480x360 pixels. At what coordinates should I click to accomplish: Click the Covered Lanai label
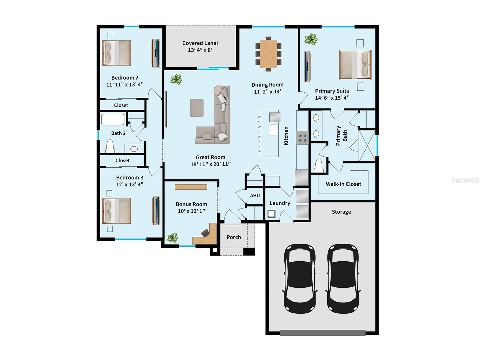(x=200, y=43)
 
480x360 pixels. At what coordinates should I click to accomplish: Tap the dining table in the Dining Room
(x=268, y=54)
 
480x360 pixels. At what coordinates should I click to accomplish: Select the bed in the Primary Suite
(x=355, y=64)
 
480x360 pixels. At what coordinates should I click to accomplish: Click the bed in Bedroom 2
(x=116, y=53)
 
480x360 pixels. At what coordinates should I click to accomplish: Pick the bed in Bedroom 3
(x=116, y=211)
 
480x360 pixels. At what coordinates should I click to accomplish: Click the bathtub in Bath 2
(x=113, y=119)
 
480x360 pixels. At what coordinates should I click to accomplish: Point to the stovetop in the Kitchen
(x=302, y=138)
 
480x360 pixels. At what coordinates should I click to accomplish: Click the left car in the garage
(x=300, y=278)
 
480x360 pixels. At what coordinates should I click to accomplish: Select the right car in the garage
(x=343, y=278)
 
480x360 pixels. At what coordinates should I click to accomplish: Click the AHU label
(x=255, y=196)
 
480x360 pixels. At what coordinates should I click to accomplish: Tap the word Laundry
(x=280, y=203)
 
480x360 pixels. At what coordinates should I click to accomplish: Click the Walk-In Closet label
(x=343, y=184)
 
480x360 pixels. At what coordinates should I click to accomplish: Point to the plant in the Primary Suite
(x=310, y=39)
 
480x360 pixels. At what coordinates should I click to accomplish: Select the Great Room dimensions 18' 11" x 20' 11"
(x=211, y=164)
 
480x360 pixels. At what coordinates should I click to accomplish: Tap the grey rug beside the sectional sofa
(x=197, y=108)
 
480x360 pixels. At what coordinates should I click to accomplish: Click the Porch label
(x=234, y=237)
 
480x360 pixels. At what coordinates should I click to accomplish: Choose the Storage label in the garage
(x=341, y=212)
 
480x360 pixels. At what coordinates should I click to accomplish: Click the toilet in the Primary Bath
(x=318, y=166)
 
